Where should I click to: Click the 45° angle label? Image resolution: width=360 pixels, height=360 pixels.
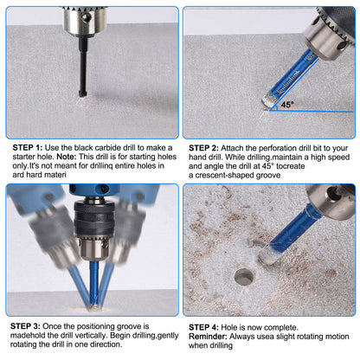[287, 105]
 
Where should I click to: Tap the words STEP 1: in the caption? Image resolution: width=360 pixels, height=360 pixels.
[28, 148]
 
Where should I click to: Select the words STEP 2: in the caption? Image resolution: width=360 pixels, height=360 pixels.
[203, 148]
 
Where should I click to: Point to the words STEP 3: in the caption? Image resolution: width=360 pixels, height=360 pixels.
[25, 326]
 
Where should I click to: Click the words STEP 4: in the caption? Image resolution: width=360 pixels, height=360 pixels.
[203, 327]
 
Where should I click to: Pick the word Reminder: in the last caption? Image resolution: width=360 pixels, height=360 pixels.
[208, 337]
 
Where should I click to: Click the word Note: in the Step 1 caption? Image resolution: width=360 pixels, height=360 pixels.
[67, 157]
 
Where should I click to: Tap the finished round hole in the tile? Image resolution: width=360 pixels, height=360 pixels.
[244, 277]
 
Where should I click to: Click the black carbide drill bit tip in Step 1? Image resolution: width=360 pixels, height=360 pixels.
[82, 93]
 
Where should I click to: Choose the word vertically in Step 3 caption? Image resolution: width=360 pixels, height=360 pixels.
[91, 335]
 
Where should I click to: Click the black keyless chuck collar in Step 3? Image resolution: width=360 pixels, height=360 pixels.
[93, 220]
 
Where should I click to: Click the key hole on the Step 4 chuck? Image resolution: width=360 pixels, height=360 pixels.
[333, 192]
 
